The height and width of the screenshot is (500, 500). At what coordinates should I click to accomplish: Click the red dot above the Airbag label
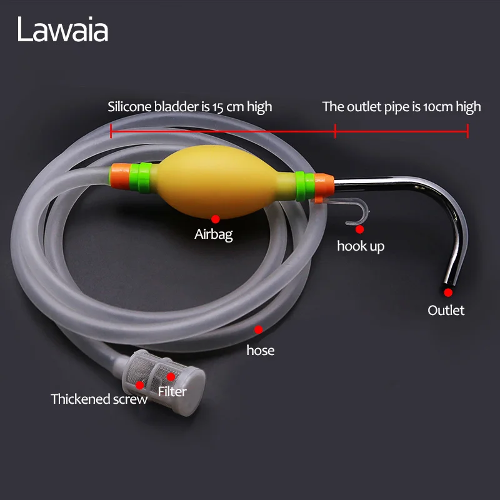click(x=215, y=219)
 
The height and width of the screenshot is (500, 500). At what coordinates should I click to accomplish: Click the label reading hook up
click(x=361, y=246)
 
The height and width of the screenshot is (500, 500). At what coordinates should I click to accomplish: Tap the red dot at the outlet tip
click(x=447, y=292)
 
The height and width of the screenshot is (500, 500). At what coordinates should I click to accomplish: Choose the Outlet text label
click(x=446, y=310)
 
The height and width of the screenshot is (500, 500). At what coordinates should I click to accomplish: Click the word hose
click(x=261, y=350)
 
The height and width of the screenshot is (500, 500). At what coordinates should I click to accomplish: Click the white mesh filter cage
click(x=169, y=375)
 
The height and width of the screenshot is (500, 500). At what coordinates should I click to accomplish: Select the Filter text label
click(x=172, y=392)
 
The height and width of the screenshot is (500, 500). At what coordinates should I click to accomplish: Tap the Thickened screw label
click(x=99, y=399)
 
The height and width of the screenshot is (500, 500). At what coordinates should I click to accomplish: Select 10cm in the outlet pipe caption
click(x=439, y=106)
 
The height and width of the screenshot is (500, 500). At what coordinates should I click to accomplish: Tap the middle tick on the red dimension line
click(x=336, y=131)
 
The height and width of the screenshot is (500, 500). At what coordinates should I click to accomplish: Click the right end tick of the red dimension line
click(x=467, y=131)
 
